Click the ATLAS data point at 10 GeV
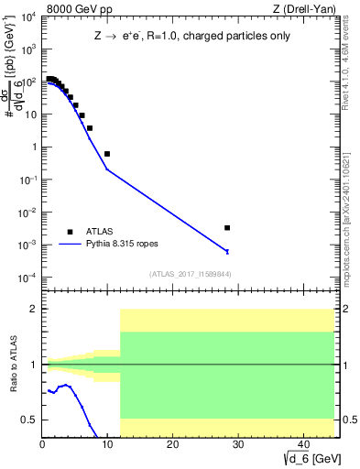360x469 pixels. tap(107, 154)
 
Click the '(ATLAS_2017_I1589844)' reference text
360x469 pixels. tap(191, 274)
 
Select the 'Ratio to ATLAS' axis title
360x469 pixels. tap(13, 364)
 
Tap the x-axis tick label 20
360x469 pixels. tap(172, 444)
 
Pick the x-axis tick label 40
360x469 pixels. tap(301, 444)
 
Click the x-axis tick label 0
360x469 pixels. tap(43, 444)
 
